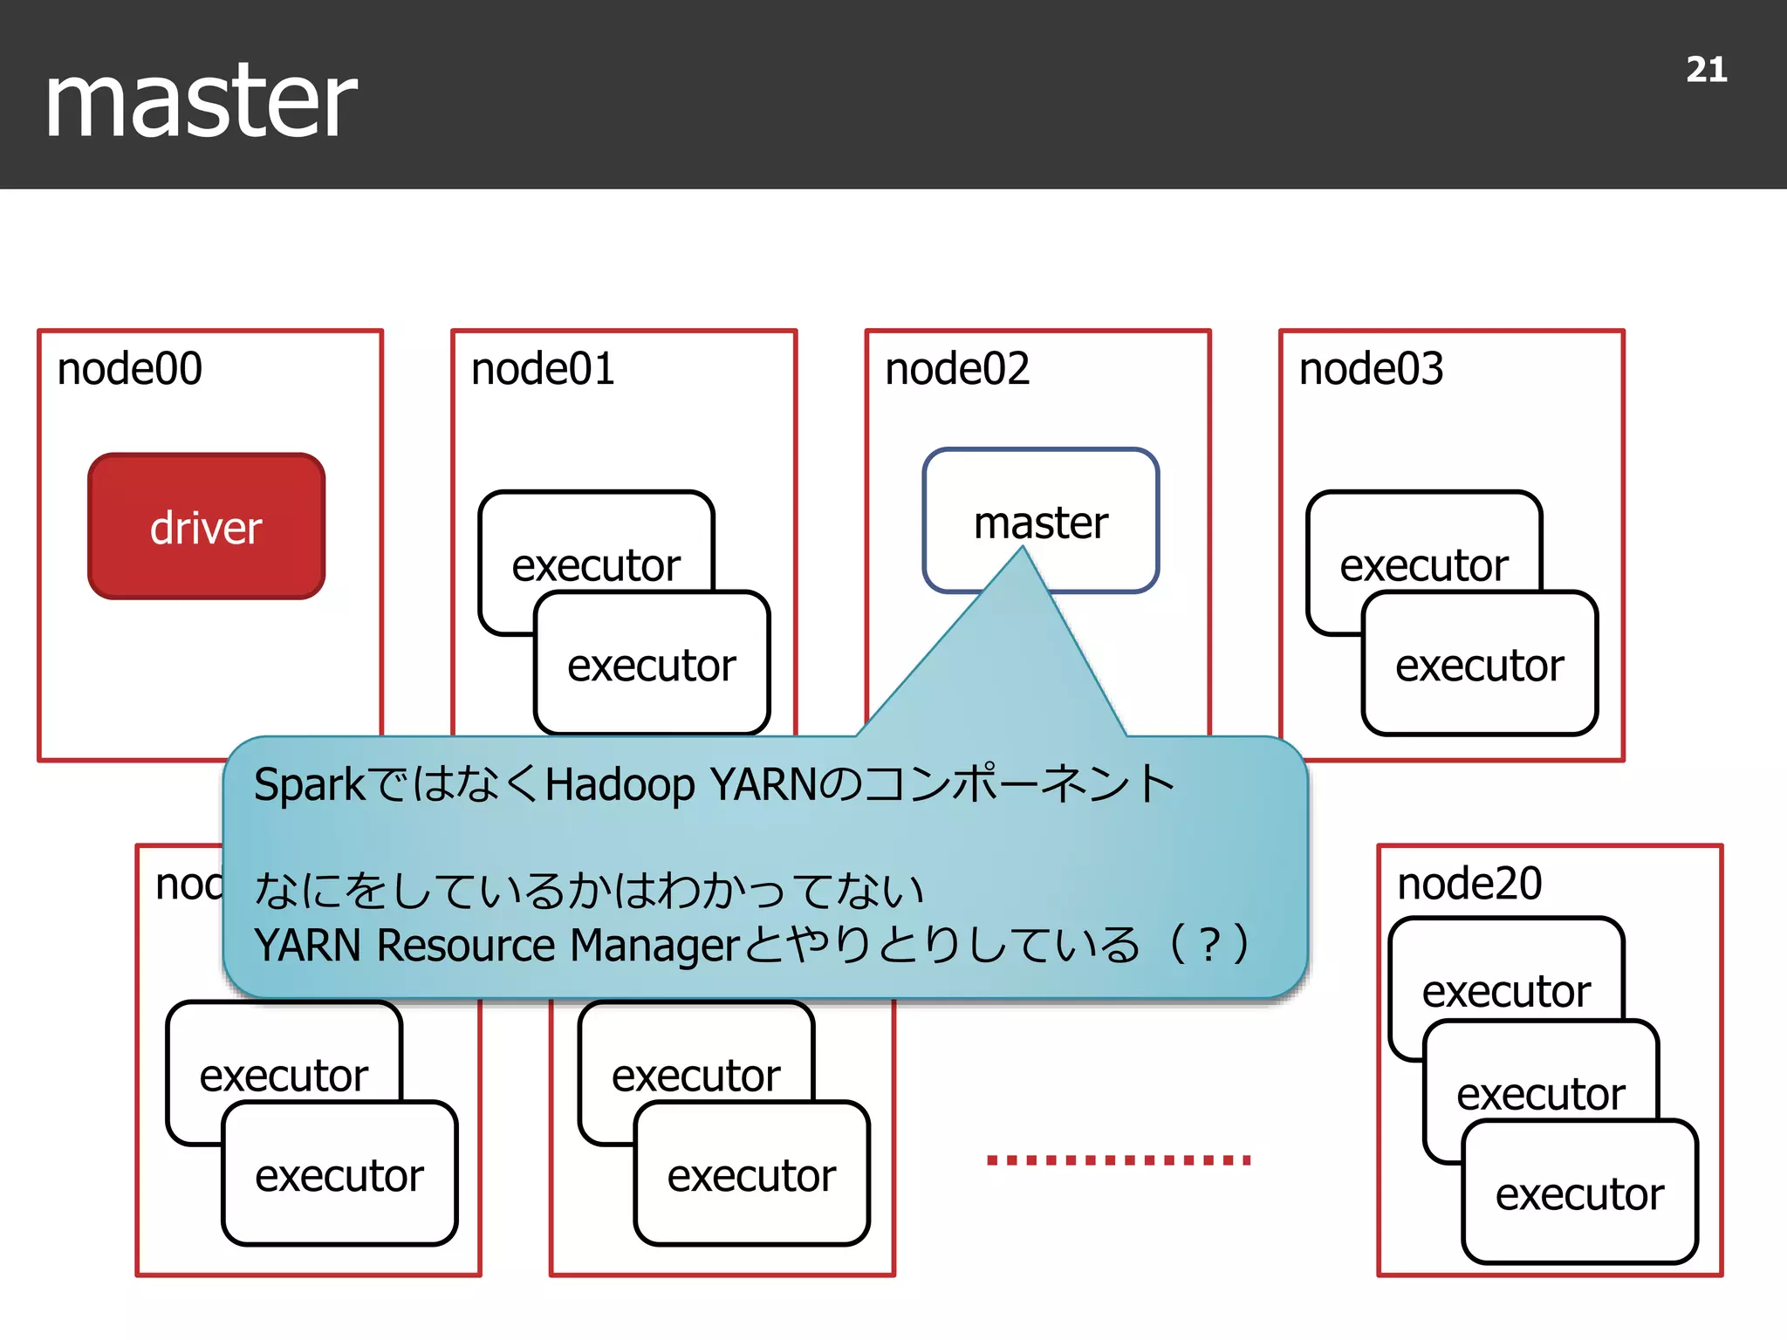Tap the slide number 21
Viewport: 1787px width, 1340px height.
click(x=1706, y=70)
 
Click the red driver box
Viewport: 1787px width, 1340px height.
click(x=207, y=527)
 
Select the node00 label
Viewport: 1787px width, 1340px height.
click(x=129, y=369)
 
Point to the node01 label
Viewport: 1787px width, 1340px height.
click(x=543, y=369)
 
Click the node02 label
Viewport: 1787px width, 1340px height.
click(x=957, y=369)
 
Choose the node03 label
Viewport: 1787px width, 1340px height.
click(x=1371, y=369)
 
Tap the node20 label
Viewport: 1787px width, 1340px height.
click(x=1469, y=884)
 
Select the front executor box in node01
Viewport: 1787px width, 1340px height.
click(x=652, y=665)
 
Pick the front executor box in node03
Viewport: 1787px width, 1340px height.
click(x=1480, y=665)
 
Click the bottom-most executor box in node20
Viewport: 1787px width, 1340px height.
click(x=1579, y=1193)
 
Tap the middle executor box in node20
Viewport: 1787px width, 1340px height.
click(x=1541, y=1092)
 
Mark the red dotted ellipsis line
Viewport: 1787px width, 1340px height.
click(x=1119, y=1159)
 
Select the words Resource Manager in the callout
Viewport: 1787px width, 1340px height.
click(x=558, y=946)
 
